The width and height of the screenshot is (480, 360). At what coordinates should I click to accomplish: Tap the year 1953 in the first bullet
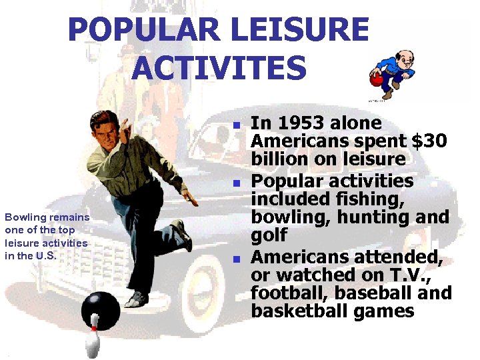(299, 123)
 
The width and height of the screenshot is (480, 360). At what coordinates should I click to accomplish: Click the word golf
(269, 235)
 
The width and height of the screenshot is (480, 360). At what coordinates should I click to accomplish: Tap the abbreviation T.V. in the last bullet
(415, 274)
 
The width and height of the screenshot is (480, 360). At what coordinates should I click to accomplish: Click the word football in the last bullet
(284, 293)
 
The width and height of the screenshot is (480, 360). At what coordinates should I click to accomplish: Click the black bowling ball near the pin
(101, 310)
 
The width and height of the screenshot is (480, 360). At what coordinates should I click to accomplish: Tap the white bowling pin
(93, 339)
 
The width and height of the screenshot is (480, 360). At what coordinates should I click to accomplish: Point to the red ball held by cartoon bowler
(377, 80)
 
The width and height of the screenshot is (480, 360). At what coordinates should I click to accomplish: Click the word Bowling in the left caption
(24, 217)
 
